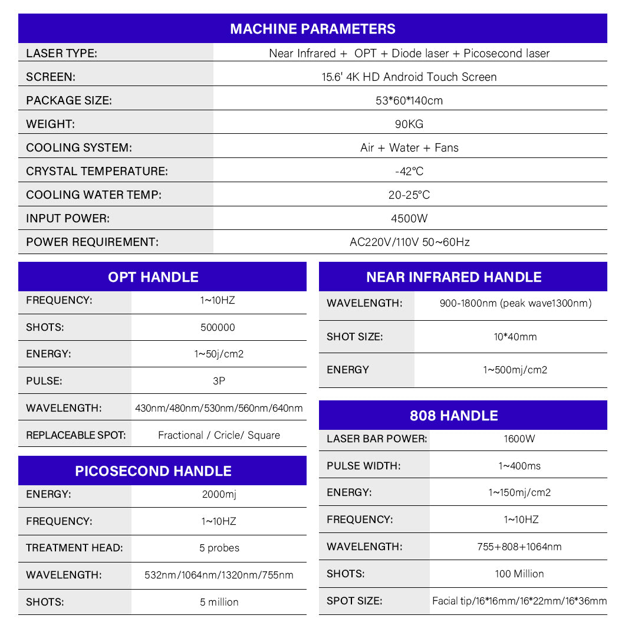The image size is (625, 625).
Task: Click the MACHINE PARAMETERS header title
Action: coord(312,29)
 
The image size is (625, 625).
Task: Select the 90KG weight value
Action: coord(409,124)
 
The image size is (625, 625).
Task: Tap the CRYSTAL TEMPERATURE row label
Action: coord(97,171)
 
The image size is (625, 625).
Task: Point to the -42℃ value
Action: coord(409,171)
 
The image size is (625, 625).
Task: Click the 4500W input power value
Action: coord(409,218)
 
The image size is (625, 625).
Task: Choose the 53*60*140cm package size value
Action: coord(409,100)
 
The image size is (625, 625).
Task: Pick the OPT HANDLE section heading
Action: coord(153,277)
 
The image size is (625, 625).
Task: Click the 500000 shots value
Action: coord(218,327)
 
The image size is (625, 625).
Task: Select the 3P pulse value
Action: coord(219,381)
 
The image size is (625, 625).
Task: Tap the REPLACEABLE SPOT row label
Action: coord(75,435)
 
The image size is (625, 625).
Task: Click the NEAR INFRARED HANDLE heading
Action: coord(454,277)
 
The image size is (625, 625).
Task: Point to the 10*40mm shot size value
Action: coord(515,337)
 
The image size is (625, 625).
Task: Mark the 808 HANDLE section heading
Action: coord(454,415)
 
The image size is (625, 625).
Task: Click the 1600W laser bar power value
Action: coord(519,439)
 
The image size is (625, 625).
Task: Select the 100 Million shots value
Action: coord(519,573)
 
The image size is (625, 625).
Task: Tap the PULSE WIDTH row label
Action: coord(363,466)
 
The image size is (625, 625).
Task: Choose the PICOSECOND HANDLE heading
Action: coord(153,471)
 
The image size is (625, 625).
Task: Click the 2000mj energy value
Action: coord(219,494)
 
